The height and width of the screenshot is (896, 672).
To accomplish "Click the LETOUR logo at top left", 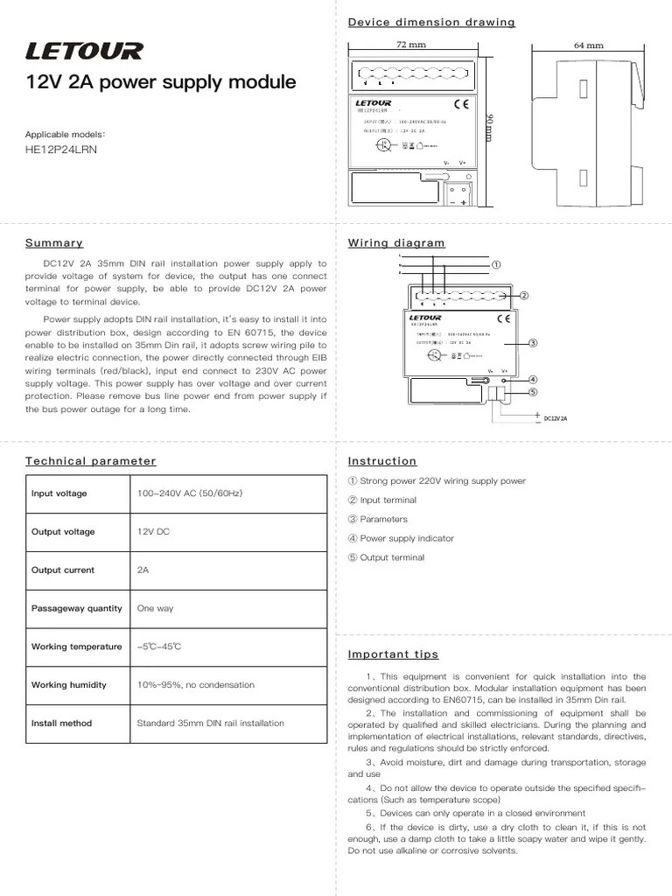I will tap(84, 52).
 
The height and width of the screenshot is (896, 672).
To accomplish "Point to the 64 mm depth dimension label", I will tap(589, 45).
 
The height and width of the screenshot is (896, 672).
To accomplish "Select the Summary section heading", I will tap(54, 243).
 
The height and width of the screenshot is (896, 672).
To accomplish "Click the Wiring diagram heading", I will tap(396, 243).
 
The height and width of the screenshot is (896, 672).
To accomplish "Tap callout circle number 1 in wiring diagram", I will tap(495, 264).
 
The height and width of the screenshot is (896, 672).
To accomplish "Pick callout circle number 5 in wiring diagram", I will tap(532, 391).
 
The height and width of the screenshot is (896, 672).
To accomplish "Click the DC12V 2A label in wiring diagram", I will tap(556, 418).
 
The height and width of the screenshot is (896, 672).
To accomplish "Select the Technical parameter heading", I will tap(90, 461).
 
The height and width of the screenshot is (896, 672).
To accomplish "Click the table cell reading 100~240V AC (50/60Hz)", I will tap(190, 493).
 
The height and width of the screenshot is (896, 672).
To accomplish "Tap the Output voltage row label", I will tap(63, 532).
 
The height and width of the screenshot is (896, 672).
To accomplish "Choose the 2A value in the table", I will tap(143, 570).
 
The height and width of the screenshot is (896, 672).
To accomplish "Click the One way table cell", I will tap(156, 608).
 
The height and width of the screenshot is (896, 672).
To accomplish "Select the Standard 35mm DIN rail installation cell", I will tap(210, 724).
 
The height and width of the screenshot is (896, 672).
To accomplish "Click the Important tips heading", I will tap(393, 654).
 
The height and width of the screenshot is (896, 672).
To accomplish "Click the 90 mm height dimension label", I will tap(490, 127).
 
